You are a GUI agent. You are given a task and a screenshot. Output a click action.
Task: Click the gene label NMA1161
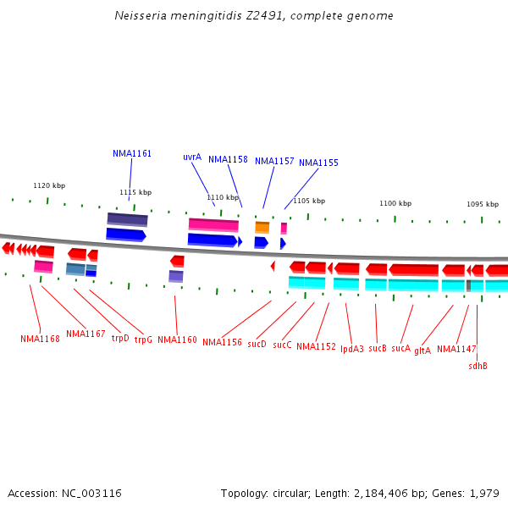(132, 154)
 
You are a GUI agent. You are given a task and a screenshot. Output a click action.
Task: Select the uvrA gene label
(192, 157)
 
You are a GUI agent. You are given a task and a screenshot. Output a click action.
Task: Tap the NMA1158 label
(228, 159)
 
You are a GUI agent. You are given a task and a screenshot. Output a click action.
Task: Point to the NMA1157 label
(274, 161)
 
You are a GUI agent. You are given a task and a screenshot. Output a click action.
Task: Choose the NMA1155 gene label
(318, 163)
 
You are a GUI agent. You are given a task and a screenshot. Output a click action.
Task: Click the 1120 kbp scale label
(49, 185)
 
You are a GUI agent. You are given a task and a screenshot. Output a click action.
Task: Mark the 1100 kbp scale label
(395, 203)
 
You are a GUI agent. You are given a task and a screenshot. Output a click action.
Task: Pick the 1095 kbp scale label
(483, 204)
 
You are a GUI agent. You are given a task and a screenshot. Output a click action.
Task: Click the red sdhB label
(478, 366)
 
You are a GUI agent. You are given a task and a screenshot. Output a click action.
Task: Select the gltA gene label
(422, 351)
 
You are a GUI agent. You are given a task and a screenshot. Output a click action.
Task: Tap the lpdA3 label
(352, 348)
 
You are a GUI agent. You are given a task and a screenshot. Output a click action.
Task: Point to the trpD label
(120, 339)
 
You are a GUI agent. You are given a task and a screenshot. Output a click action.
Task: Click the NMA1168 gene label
(40, 339)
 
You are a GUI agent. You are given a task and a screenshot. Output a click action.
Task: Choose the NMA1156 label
(222, 342)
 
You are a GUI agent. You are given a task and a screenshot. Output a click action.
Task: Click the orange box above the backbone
(262, 227)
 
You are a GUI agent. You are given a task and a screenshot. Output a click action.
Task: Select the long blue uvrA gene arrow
(213, 240)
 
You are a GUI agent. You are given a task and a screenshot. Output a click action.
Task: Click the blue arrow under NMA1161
(125, 235)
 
